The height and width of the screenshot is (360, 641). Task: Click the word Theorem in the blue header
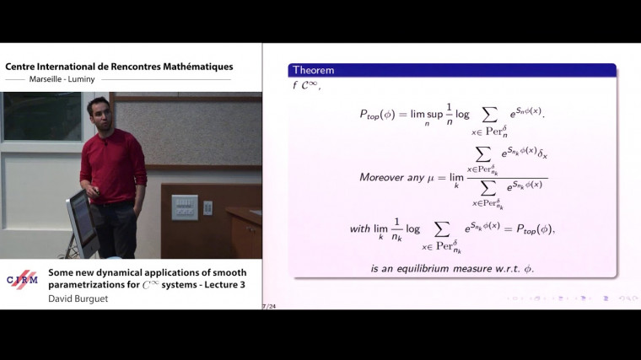[x=312, y=70]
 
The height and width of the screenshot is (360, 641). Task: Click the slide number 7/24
[x=270, y=306]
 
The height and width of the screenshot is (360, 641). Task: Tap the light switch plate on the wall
[x=184, y=207]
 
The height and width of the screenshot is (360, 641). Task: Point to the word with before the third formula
[x=359, y=228]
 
